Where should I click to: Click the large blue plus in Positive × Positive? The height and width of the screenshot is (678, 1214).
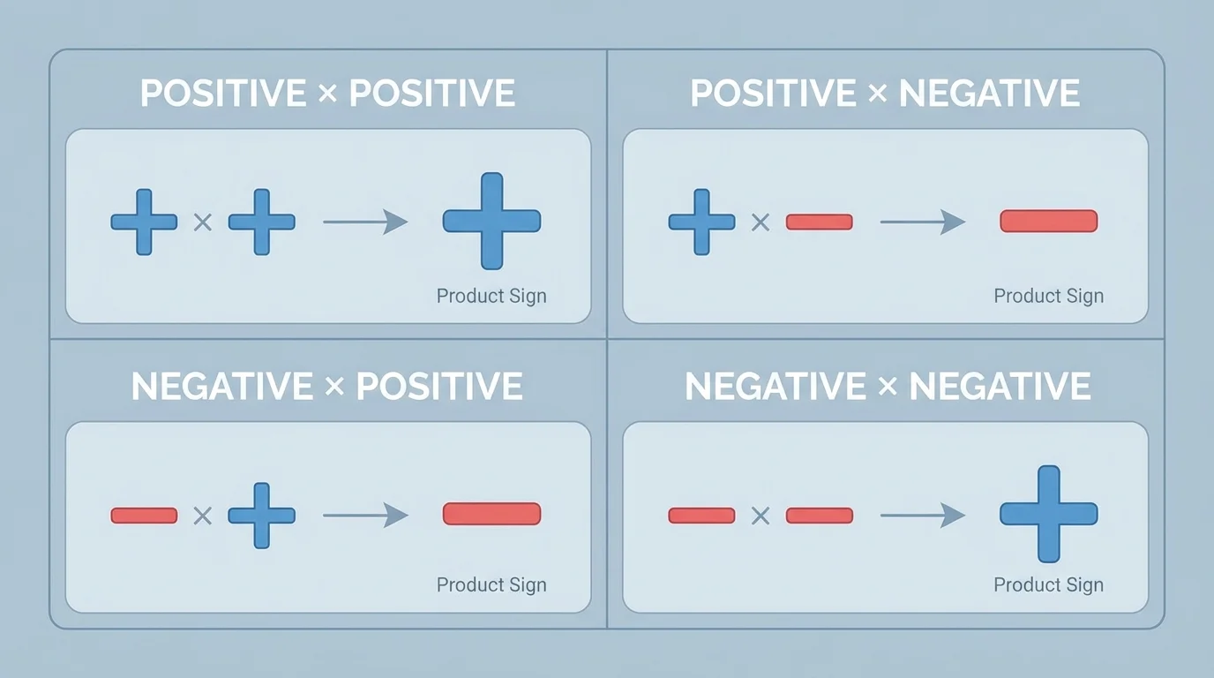click(x=491, y=221)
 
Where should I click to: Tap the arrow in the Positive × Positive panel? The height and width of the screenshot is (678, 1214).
click(x=365, y=222)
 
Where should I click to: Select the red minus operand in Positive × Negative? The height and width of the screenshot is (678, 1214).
click(x=819, y=222)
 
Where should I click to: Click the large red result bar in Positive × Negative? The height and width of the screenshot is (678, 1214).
click(x=1048, y=221)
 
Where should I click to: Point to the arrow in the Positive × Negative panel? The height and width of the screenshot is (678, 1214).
click(x=923, y=222)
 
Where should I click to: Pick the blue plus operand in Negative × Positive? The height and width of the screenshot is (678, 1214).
click(x=261, y=515)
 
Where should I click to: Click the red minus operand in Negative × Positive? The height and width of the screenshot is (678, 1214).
click(x=144, y=515)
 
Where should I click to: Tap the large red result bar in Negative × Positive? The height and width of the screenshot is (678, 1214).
click(x=491, y=514)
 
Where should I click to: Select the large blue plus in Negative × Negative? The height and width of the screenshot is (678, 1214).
click(x=1048, y=514)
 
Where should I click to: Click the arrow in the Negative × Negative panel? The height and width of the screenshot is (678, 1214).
click(x=923, y=515)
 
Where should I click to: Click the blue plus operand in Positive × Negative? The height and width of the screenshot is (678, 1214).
click(x=701, y=222)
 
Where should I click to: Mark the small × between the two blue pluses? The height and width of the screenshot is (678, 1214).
click(x=202, y=222)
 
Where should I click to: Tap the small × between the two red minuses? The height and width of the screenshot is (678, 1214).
click(x=760, y=516)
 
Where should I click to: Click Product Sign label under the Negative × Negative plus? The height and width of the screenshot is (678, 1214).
click(x=1048, y=584)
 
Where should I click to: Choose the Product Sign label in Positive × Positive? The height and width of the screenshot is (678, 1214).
click(x=491, y=296)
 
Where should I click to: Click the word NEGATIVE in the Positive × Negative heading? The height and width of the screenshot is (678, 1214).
click(x=989, y=94)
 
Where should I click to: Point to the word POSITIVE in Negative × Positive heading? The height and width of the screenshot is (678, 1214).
click(x=438, y=387)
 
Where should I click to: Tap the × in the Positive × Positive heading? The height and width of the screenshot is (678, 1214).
click(x=327, y=94)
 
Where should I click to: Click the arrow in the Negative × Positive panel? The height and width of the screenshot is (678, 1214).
click(x=365, y=515)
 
